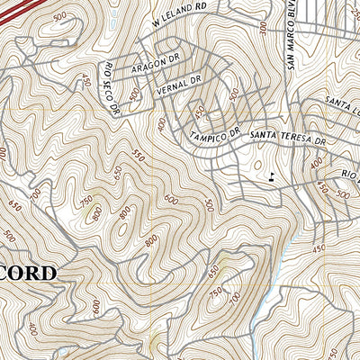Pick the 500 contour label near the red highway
[x=60, y=17]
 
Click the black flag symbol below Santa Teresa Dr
[x=271, y=174]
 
